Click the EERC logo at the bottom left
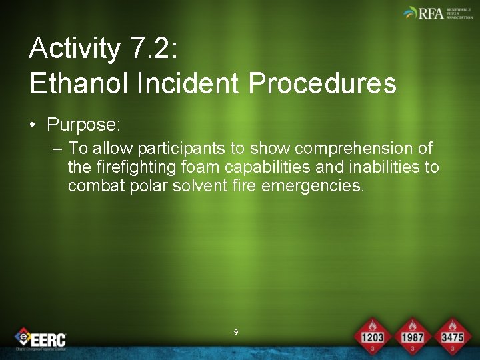click(x=41, y=339)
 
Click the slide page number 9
click(x=236, y=332)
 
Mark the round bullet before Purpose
click(x=33, y=125)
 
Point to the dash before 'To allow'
click(x=57, y=148)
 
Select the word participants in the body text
click(x=181, y=148)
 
